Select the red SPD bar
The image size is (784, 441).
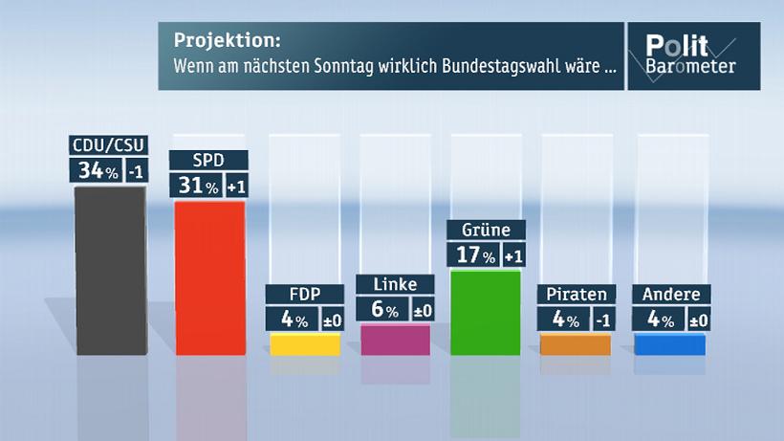pyautogui.click(x=209, y=277)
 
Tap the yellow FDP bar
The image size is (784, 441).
pyautogui.click(x=305, y=343)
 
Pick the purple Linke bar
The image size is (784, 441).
pyautogui.click(x=395, y=340)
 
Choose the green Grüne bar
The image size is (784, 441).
pyautogui.click(x=485, y=312)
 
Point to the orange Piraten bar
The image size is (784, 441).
pyautogui.click(x=576, y=343)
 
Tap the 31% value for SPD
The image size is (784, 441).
pyautogui.click(x=196, y=185)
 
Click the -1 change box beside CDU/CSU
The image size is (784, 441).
pyautogui.click(x=136, y=171)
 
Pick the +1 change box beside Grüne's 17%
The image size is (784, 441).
pyautogui.click(x=512, y=256)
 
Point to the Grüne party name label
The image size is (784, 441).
pyautogui.click(x=487, y=230)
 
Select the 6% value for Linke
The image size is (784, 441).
pyautogui.click(x=381, y=309)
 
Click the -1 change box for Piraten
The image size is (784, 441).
pyautogui.click(x=603, y=320)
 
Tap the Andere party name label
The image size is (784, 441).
pyautogui.click(x=671, y=295)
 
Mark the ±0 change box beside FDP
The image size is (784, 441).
pyautogui.click(x=332, y=320)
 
